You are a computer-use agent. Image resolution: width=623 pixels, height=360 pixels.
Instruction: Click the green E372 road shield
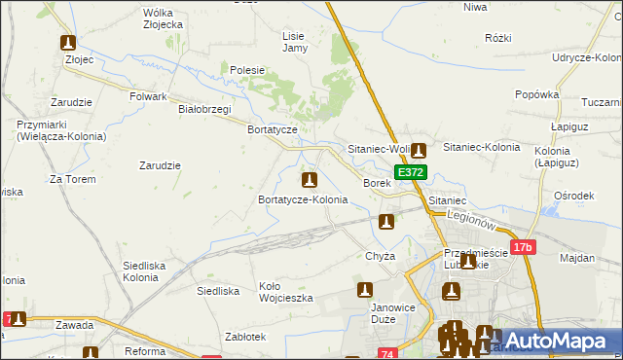point(411,172)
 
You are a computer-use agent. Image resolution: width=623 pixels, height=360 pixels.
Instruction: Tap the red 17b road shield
point(523,248)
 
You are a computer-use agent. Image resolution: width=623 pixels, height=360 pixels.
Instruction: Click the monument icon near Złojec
point(68,43)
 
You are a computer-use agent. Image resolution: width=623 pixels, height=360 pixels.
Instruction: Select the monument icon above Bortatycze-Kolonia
point(310,180)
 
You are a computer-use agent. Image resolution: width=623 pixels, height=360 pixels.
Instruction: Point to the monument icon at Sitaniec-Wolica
point(419,151)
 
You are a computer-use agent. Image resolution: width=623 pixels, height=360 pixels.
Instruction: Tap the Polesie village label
point(248,70)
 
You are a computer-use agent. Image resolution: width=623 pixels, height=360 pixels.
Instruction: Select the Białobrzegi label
point(204,109)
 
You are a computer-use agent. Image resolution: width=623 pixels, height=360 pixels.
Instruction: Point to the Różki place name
point(497,38)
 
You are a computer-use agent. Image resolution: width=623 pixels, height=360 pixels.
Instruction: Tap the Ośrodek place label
point(573,196)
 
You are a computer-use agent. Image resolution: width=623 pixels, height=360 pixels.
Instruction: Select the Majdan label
point(577,258)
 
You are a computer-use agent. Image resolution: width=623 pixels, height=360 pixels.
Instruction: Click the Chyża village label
point(380,256)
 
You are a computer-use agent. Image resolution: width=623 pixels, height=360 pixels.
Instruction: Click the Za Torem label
point(70,180)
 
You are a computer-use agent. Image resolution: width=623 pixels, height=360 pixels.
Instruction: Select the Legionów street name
point(472,223)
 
